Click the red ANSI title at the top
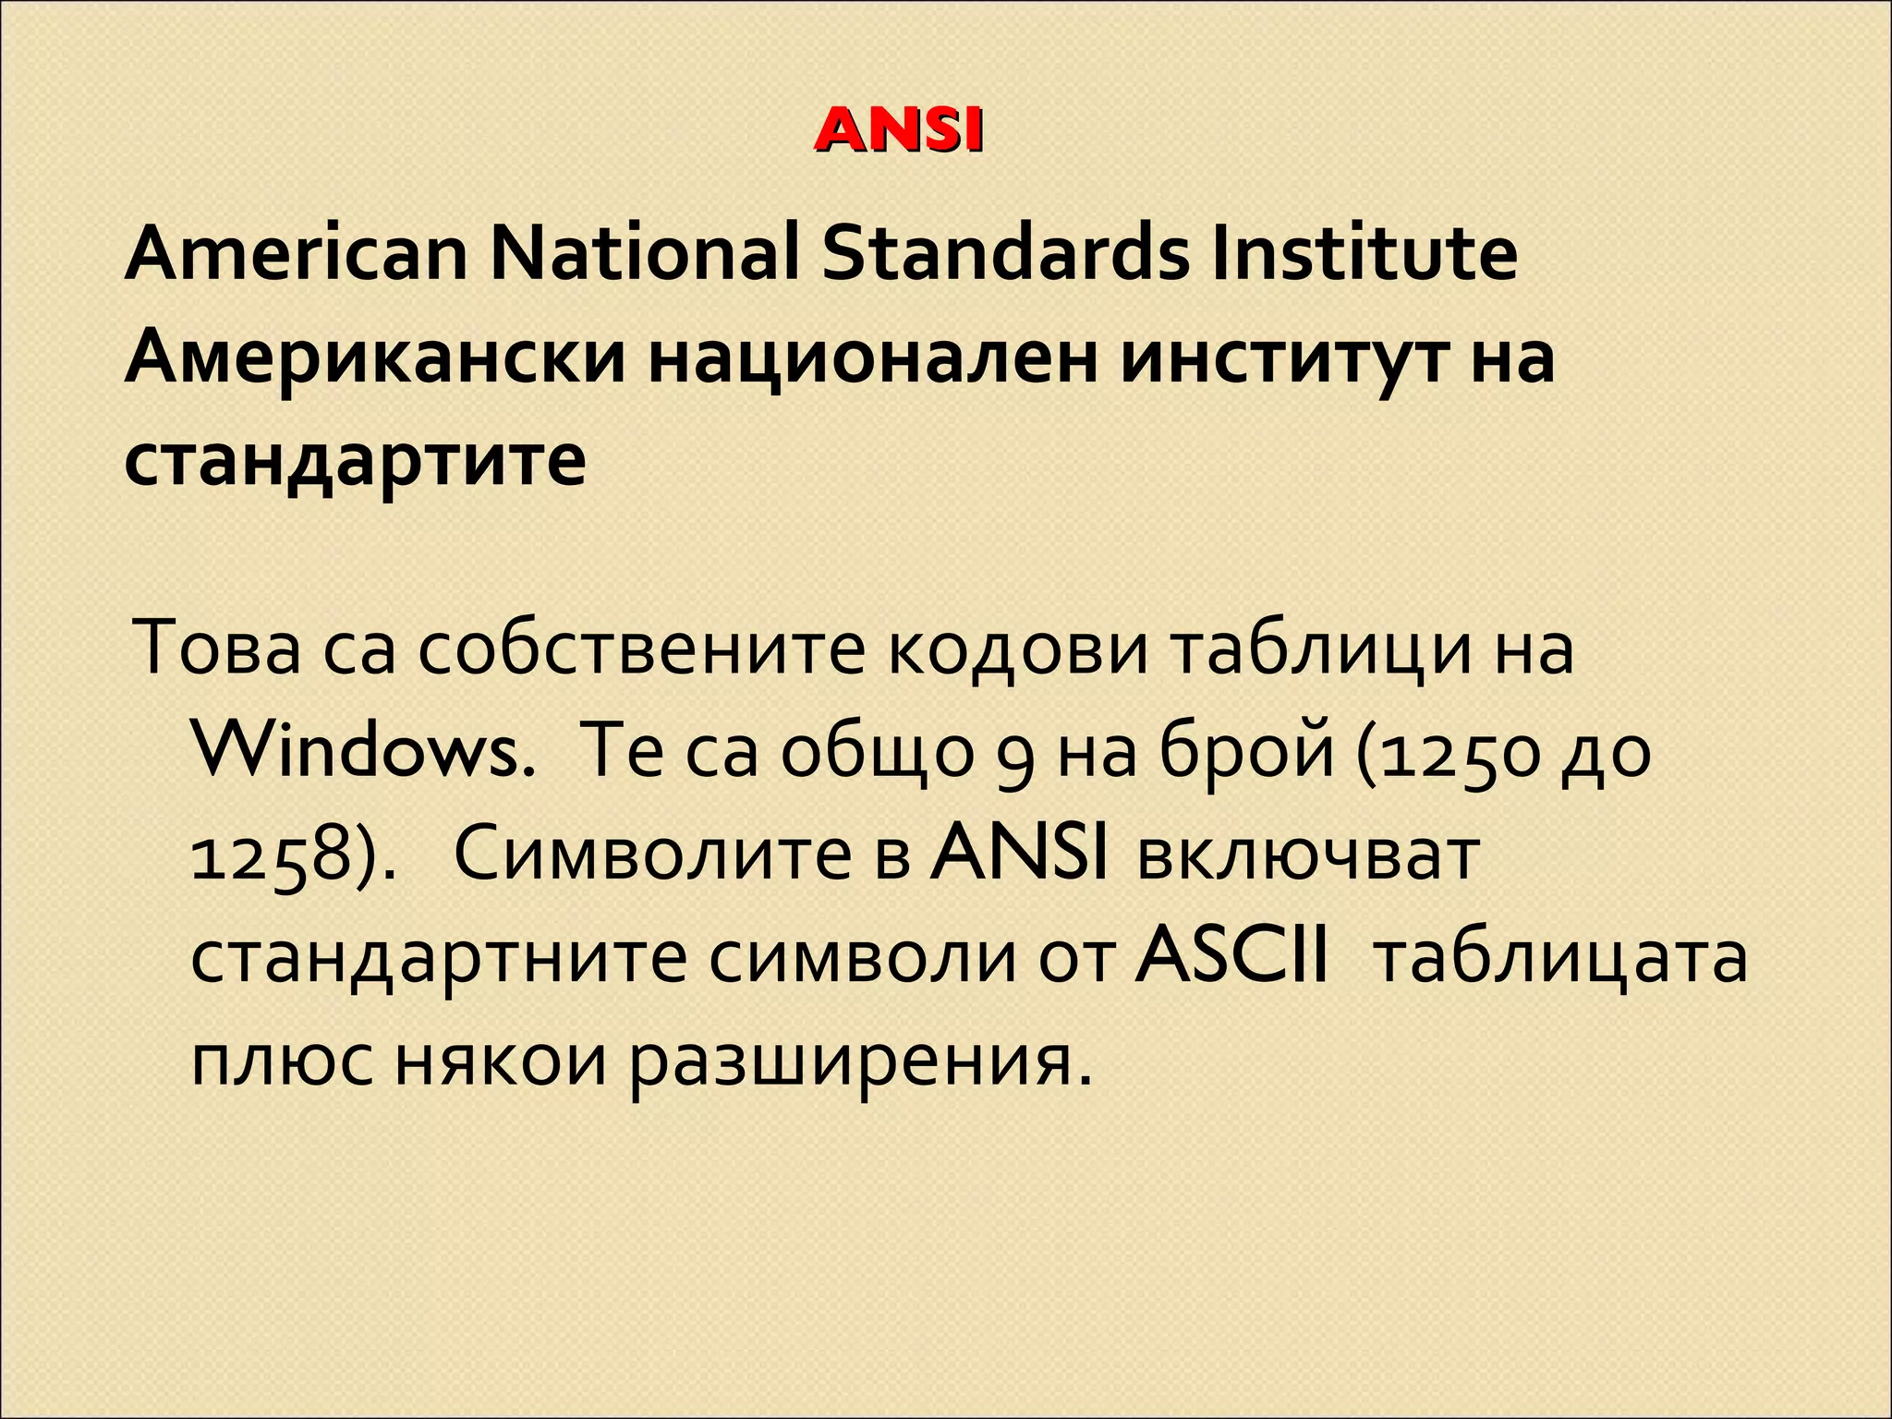pos(898,131)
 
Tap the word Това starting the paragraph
pos(218,649)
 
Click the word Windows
pos(366,754)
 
